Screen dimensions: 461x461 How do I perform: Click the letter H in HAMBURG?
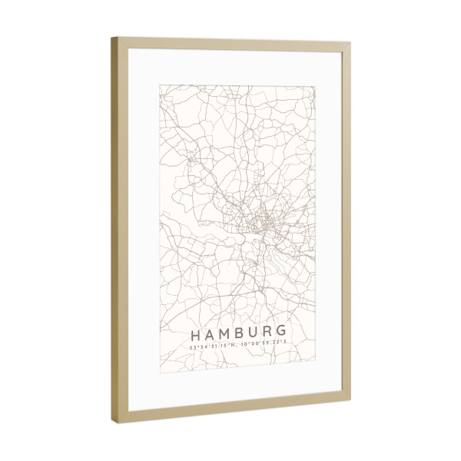pyautogui.click(x=194, y=335)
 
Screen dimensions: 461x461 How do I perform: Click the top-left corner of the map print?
pyautogui.click(x=160, y=85)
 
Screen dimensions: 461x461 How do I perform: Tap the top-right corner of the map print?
pyautogui.click(x=314, y=87)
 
